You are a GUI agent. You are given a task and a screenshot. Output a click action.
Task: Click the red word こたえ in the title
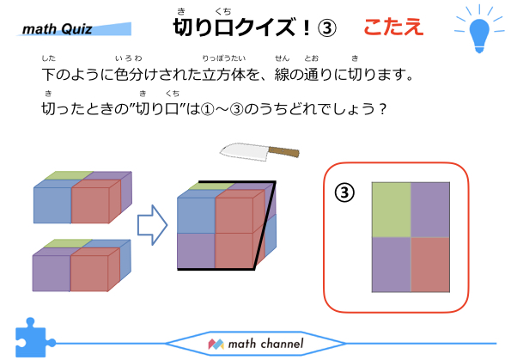click(393, 27)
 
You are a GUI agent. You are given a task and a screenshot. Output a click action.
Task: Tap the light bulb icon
click(479, 32)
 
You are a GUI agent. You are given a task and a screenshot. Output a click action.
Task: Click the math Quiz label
click(58, 29)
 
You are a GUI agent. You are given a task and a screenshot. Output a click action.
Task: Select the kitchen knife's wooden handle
click(283, 151)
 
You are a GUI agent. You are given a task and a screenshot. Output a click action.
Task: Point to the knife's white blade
click(244, 151)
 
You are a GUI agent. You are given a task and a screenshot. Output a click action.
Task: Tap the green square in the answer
click(392, 210)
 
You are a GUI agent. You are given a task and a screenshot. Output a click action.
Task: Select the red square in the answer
click(430, 265)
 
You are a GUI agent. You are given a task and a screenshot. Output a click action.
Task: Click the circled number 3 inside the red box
click(344, 192)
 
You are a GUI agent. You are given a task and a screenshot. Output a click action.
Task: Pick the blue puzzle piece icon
click(33, 338)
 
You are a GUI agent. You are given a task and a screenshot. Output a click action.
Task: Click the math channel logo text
click(265, 344)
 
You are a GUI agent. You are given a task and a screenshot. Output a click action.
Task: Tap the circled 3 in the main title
click(326, 28)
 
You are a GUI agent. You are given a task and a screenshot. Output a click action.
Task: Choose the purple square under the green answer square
click(392, 265)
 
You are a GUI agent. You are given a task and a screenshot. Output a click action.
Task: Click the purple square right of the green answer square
click(430, 210)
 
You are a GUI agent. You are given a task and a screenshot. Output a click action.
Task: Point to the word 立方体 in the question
click(223, 75)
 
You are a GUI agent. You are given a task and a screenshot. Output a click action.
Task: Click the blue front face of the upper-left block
click(52, 205)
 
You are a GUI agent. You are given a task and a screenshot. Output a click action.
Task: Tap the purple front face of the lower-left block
click(52, 273)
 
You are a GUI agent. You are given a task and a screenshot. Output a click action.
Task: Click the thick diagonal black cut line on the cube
click(265, 225)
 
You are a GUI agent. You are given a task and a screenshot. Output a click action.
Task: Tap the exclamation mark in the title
click(306, 27)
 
